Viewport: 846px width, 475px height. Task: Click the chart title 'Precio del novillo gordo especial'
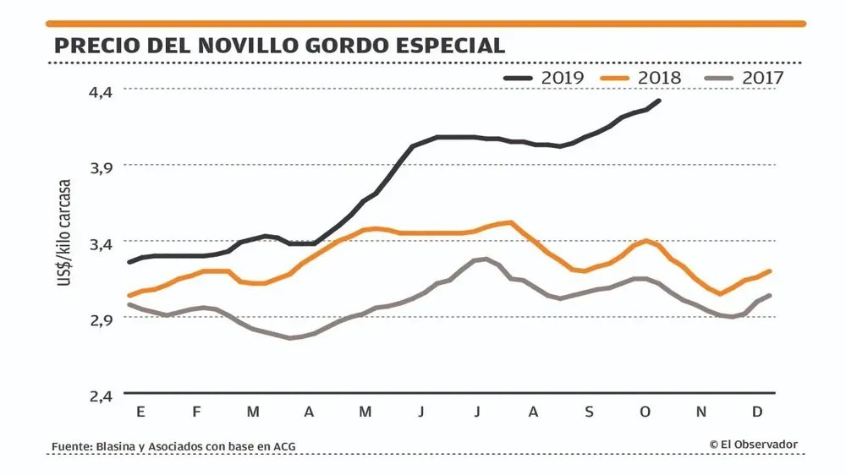click(x=280, y=46)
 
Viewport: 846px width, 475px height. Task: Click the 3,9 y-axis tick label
click(x=101, y=167)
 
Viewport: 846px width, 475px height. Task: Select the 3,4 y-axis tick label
click(x=101, y=243)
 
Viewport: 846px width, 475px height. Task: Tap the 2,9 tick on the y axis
click(x=101, y=319)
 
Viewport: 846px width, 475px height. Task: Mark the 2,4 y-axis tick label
click(x=101, y=396)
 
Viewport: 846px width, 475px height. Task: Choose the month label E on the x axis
click(x=140, y=412)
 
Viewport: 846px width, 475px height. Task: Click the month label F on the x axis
click(x=196, y=412)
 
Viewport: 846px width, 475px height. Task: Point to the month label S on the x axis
click(x=589, y=412)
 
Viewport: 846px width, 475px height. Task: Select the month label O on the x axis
click(x=645, y=412)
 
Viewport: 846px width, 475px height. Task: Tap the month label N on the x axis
click(x=701, y=412)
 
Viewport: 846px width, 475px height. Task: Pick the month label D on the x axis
click(x=758, y=412)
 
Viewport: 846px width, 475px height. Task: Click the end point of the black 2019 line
click(x=659, y=101)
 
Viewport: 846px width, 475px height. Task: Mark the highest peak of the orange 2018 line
click(x=510, y=223)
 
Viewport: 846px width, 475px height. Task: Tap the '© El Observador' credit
click(x=753, y=445)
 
